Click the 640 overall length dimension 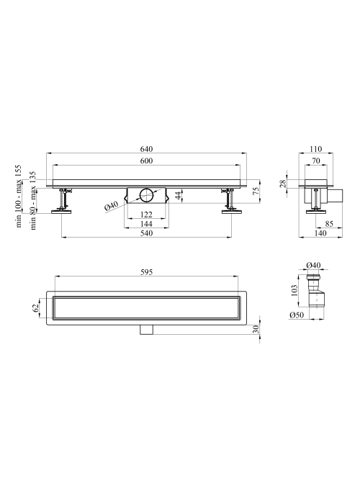[x=147, y=149]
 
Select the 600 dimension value [x=147, y=161]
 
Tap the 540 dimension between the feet [x=147, y=233]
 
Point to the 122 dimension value [x=147, y=215]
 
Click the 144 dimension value [x=147, y=224]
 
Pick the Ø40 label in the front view [x=112, y=205]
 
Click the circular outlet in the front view [x=147, y=195]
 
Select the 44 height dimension [x=179, y=195]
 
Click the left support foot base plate [x=61, y=212]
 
